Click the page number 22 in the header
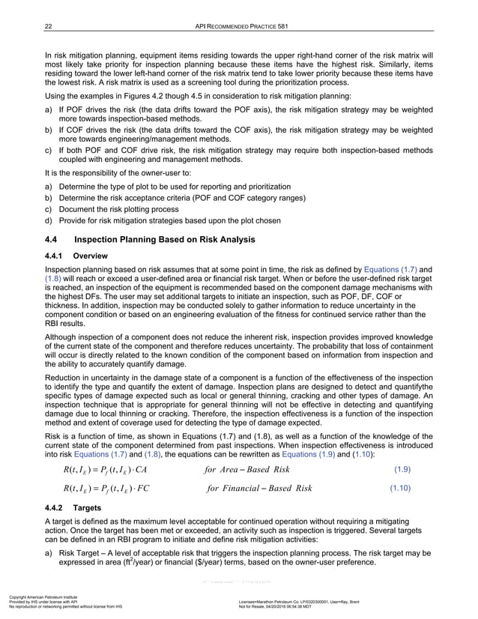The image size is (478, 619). click(x=48, y=28)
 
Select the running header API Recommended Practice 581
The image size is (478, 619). click(x=238, y=28)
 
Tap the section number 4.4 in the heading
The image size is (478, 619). click(x=53, y=240)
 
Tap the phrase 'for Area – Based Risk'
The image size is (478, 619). click(x=248, y=471)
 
